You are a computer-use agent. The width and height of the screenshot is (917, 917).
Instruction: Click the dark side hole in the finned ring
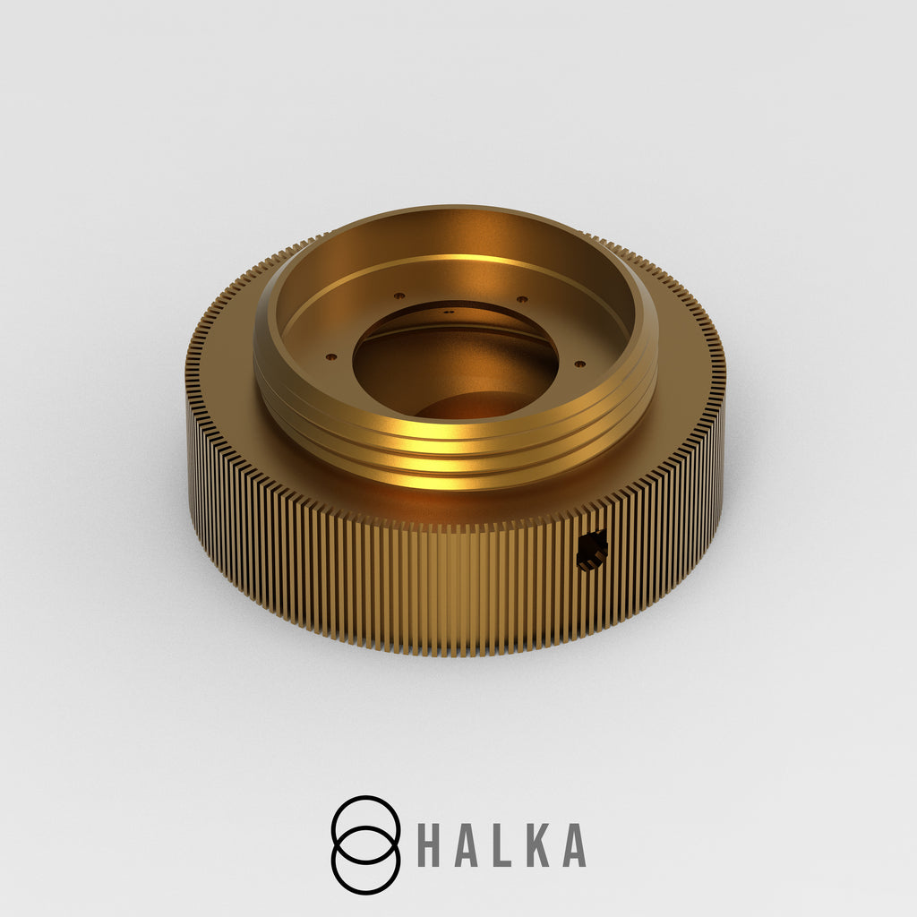click(x=592, y=551)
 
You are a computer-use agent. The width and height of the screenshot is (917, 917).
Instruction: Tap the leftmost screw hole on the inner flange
click(x=331, y=356)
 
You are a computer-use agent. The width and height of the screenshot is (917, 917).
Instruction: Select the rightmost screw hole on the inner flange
click(x=579, y=364)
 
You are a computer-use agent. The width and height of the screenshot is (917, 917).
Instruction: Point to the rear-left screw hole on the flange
click(x=399, y=296)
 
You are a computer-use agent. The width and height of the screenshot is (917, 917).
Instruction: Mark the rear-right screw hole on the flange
click(x=522, y=299)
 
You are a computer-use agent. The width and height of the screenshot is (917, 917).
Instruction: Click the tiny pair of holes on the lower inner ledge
click(x=449, y=313)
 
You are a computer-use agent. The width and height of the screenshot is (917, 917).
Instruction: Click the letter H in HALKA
click(x=429, y=845)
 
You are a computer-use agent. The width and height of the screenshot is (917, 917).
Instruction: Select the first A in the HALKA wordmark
click(x=465, y=845)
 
